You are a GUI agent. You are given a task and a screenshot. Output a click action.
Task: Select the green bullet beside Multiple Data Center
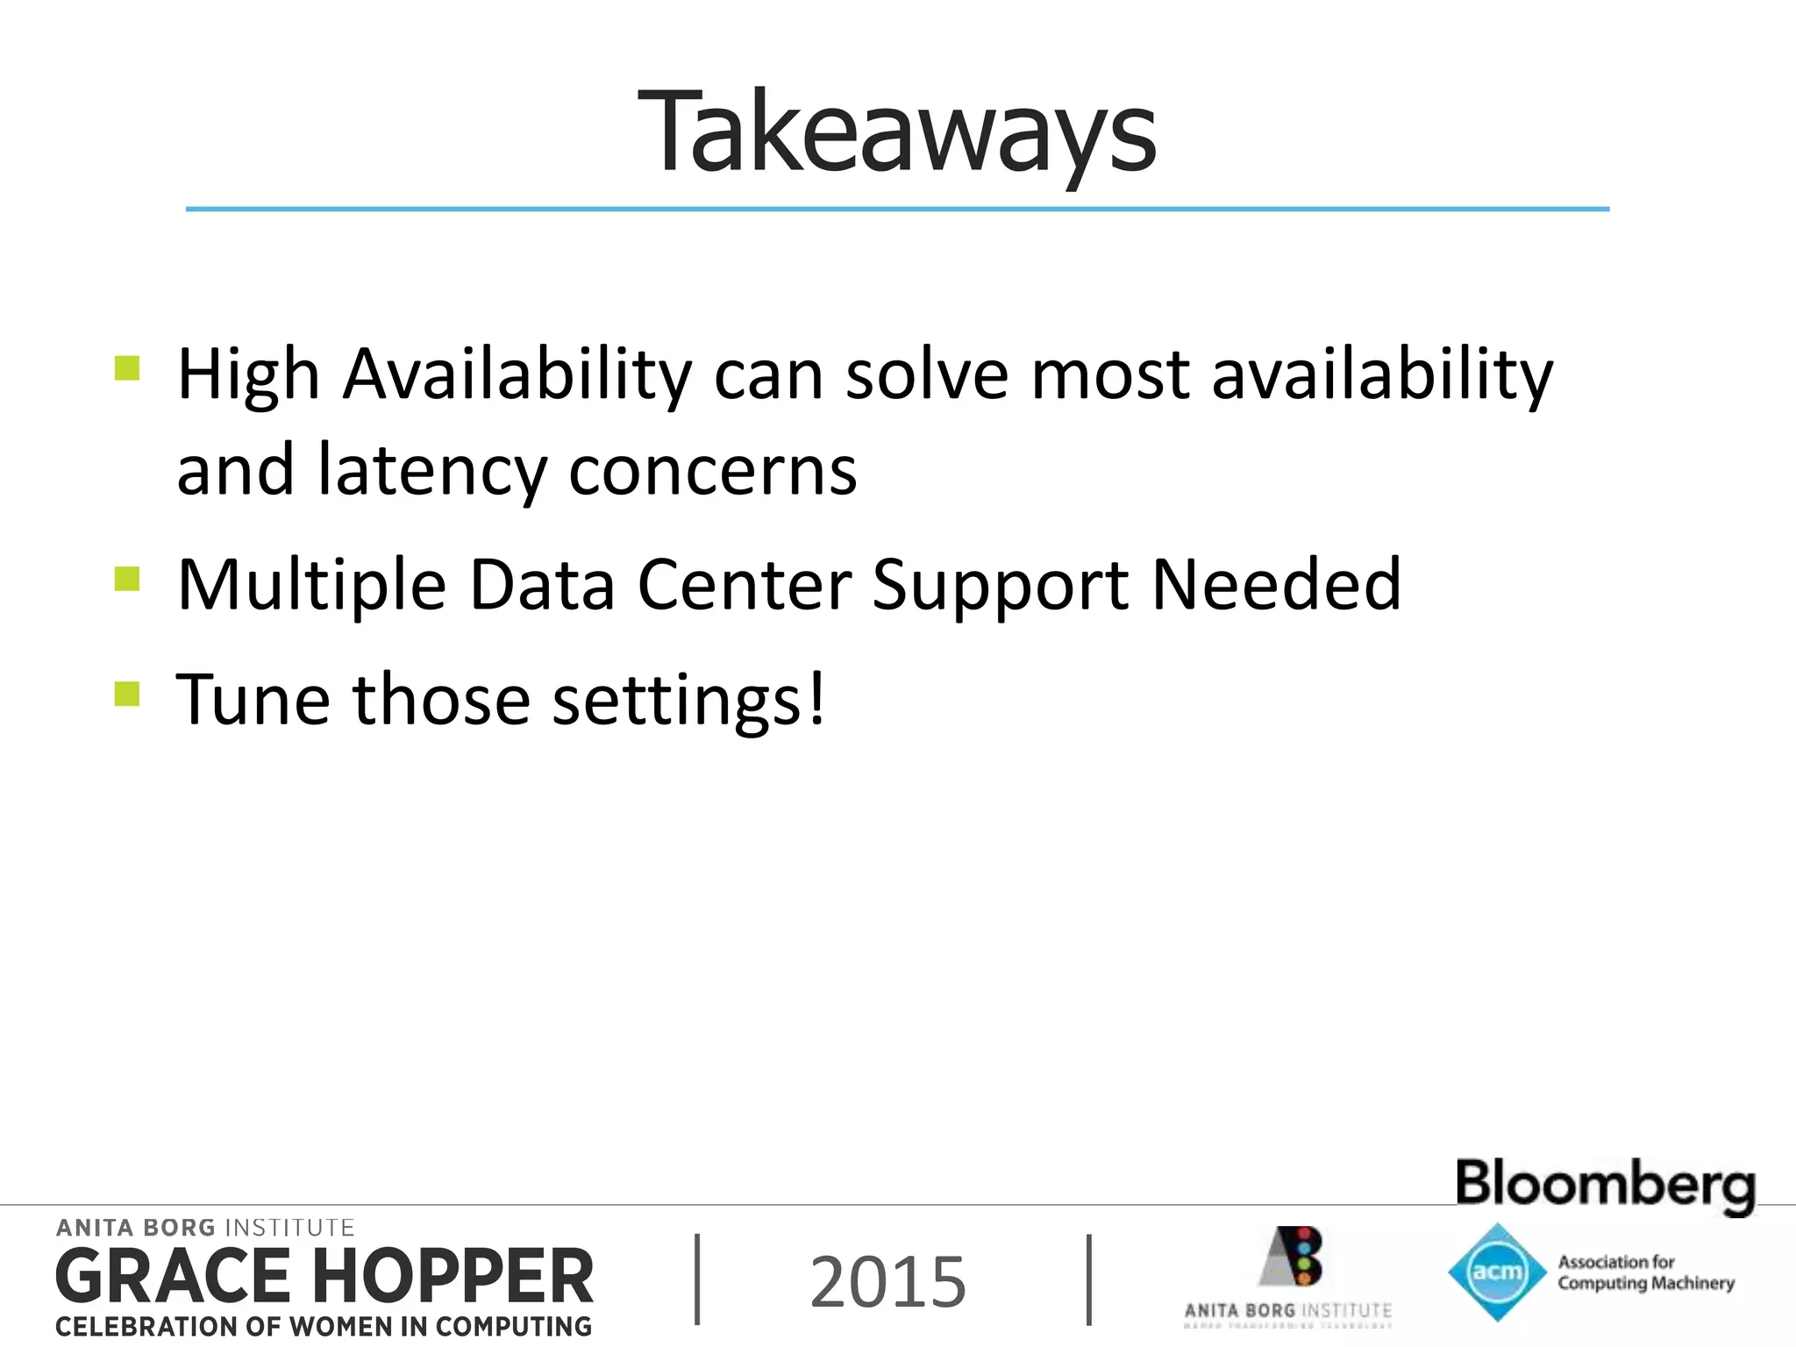pos(127,579)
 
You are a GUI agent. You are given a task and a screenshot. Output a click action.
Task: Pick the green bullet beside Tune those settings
pos(127,694)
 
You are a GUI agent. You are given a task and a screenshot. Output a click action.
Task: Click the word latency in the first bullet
pos(431,471)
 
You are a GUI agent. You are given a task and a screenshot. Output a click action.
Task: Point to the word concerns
pos(712,471)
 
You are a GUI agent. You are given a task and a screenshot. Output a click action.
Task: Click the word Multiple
pos(311,586)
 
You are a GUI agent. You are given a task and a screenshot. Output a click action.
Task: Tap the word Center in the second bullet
pos(745,586)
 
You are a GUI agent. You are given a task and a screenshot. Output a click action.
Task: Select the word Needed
pos(1276,586)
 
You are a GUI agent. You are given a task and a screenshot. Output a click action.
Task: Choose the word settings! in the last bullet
pos(688,702)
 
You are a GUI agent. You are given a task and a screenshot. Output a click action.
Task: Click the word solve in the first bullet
pos(926,374)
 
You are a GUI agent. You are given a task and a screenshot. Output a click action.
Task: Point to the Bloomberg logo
pos(1605,1184)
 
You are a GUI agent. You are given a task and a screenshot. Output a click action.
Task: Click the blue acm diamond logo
pos(1496,1272)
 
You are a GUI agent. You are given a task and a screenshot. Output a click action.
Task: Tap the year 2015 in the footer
pos(887,1282)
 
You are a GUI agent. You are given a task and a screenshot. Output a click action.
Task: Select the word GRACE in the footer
pos(173,1277)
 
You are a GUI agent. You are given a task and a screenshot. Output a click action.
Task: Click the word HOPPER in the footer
pos(453,1277)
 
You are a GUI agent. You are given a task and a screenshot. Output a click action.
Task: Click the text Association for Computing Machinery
pos(1645,1272)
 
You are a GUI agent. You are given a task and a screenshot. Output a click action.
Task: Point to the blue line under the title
pos(897,210)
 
